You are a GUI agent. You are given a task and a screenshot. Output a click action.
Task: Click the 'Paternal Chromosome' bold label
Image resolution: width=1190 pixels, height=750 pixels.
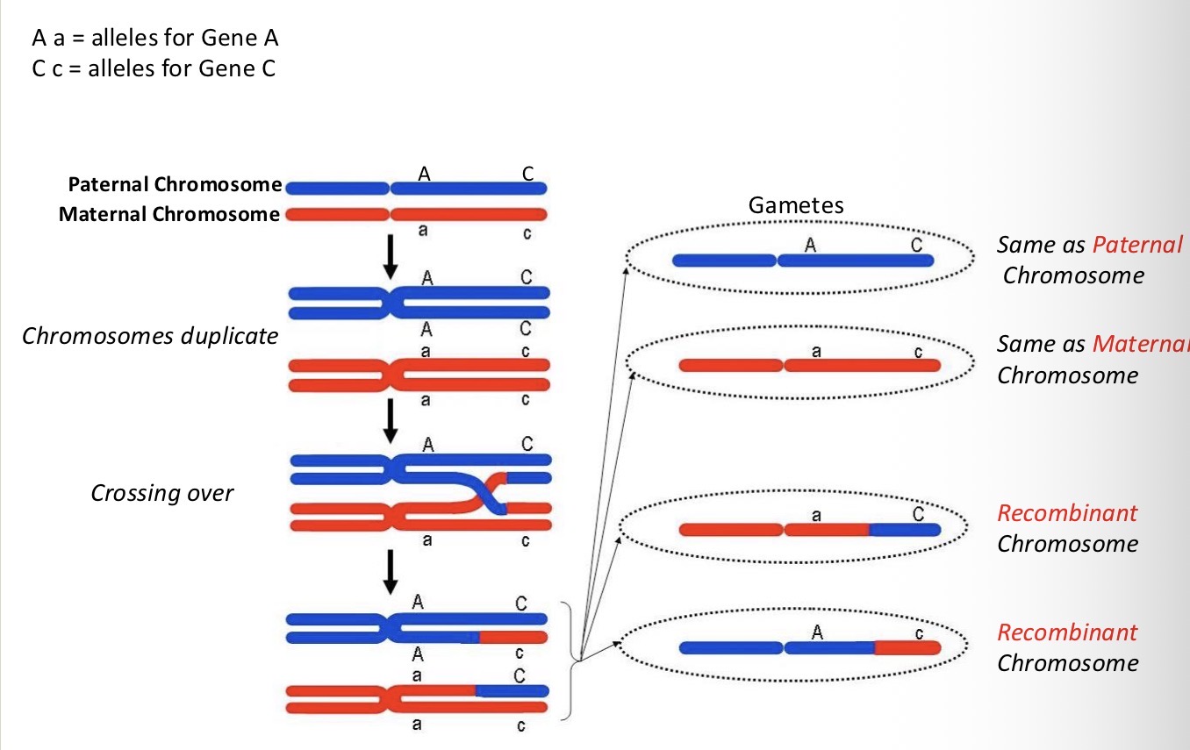click(175, 185)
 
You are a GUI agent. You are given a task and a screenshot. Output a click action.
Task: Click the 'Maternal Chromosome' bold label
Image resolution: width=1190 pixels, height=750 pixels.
click(169, 214)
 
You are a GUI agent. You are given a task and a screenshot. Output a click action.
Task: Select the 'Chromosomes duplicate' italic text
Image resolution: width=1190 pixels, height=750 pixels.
click(149, 336)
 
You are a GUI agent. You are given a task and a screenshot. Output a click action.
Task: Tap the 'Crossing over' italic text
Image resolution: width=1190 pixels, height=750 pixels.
click(162, 493)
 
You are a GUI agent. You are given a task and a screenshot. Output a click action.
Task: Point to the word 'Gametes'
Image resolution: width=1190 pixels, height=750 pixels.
click(795, 205)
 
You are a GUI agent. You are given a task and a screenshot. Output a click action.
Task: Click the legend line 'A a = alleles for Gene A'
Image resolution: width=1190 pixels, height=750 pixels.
click(155, 39)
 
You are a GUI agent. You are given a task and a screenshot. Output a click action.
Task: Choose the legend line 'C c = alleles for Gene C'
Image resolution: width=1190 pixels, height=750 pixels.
click(154, 68)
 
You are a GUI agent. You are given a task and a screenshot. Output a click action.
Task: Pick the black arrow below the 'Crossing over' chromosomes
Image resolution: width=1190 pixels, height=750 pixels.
click(391, 575)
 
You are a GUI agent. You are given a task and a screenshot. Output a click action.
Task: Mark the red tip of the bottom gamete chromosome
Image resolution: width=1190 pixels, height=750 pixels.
click(908, 648)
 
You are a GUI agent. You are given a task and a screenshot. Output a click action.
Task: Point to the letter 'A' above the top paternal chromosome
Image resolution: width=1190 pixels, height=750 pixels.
click(424, 174)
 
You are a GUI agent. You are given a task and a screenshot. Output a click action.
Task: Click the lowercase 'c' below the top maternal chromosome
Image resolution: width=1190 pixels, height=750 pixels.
click(527, 234)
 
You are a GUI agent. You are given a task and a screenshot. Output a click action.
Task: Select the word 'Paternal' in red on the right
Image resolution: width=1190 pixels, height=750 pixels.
click(1137, 245)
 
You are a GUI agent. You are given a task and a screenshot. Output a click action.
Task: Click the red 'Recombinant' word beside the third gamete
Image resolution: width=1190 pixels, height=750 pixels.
click(1067, 512)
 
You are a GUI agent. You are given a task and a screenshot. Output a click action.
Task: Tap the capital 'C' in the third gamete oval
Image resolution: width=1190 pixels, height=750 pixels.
click(918, 515)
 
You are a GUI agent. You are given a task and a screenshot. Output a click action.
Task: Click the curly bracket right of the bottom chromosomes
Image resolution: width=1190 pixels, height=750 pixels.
click(575, 658)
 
